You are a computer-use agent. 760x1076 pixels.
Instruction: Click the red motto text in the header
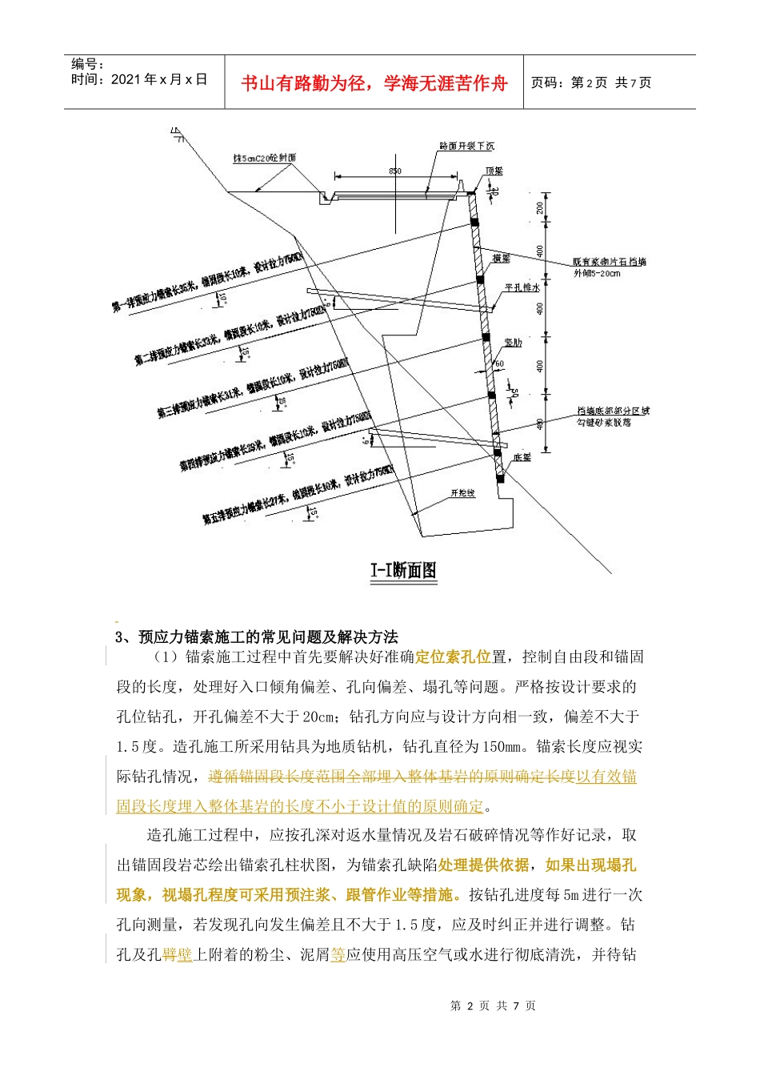(x=374, y=83)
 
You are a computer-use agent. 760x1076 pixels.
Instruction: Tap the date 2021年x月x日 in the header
(x=139, y=79)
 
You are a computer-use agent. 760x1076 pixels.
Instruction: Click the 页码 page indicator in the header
(x=591, y=82)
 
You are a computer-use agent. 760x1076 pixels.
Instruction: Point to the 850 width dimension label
(x=395, y=171)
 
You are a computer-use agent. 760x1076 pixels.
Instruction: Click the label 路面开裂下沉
(x=466, y=146)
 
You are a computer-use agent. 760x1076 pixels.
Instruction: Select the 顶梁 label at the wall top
(x=494, y=171)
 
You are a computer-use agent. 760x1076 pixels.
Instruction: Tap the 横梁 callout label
(x=502, y=258)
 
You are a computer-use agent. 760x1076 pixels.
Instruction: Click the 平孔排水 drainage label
(x=522, y=287)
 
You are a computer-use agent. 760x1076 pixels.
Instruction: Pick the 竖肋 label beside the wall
(x=512, y=343)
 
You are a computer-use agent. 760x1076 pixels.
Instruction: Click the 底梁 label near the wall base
(x=522, y=457)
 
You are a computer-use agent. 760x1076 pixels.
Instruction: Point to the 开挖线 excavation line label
(x=462, y=493)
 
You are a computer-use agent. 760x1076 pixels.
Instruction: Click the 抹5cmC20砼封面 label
(x=265, y=159)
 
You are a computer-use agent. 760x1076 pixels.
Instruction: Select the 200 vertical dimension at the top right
(x=540, y=207)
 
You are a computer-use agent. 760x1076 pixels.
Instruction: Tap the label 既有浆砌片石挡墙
(x=609, y=262)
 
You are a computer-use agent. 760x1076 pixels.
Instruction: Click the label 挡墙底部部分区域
(x=613, y=411)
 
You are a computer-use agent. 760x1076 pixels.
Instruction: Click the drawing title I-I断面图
(x=403, y=570)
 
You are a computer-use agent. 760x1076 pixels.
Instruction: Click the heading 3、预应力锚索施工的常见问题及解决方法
(x=257, y=637)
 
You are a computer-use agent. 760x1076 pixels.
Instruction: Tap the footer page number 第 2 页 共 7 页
(x=493, y=1006)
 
